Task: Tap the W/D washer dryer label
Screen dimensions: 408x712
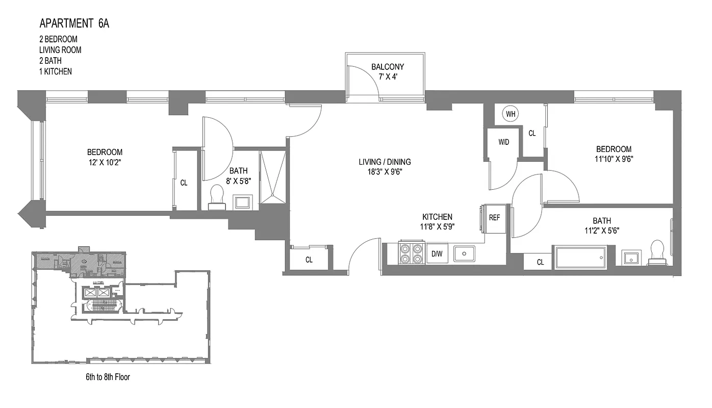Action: (x=503, y=142)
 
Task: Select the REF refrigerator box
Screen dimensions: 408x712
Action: (x=494, y=217)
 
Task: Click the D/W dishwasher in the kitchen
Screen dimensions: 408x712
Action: (x=437, y=253)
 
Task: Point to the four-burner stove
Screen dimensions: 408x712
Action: (x=411, y=253)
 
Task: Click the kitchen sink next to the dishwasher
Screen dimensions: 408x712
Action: (x=464, y=253)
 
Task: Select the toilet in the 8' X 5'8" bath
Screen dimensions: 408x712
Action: (x=217, y=197)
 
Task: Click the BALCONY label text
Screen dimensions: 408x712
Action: (x=387, y=67)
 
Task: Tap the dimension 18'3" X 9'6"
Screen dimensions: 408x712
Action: (x=384, y=172)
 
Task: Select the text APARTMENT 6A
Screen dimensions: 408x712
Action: (x=74, y=23)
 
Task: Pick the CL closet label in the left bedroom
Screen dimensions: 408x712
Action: (x=184, y=183)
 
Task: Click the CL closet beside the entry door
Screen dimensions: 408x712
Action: (x=309, y=260)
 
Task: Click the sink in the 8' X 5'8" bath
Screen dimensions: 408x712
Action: (x=241, y=202)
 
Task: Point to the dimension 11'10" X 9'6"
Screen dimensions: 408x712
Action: (x=614, y=159)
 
